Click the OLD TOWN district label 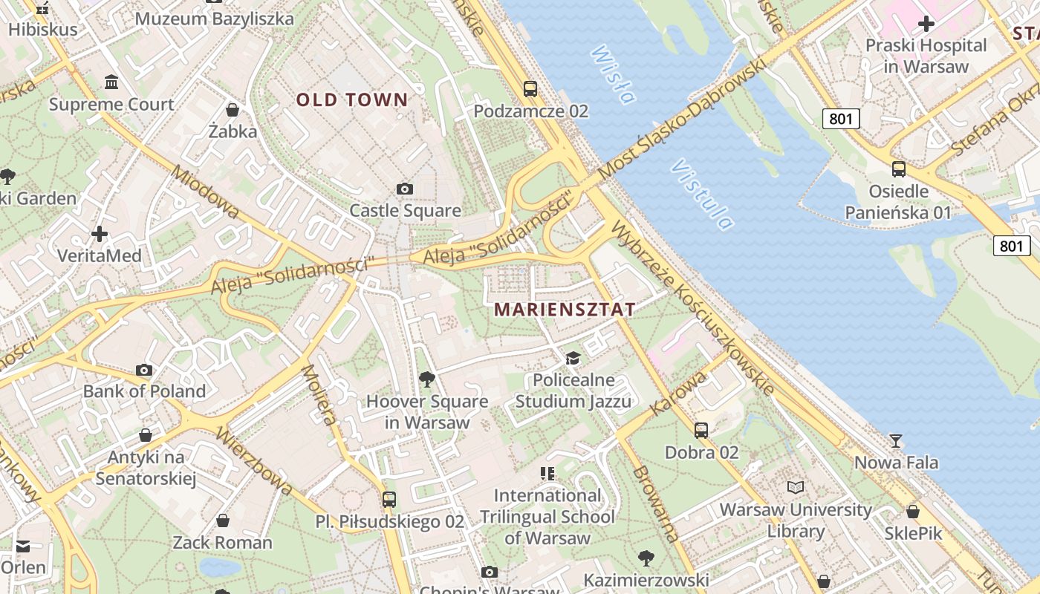click(352, 99)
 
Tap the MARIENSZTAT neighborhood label click(565, 309)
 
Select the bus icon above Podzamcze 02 click(530, 89)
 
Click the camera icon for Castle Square click(405, 189)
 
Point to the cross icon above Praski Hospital click(926, 24)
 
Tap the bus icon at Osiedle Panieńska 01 click(899, 169)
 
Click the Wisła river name click(614, 74)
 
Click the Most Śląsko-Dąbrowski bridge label click(681, 119)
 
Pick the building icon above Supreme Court click(111, 82)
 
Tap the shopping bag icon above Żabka click(233, 110)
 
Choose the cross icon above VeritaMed click(100, 234)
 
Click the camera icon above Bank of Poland click(144, 370)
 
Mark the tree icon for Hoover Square click(427, 379)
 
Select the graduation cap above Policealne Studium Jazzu click(573, 359)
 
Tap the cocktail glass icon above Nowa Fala click(896, 441)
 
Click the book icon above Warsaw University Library click(796, 488)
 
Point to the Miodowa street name click(205, 192)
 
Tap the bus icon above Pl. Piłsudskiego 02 click(389, 500)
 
